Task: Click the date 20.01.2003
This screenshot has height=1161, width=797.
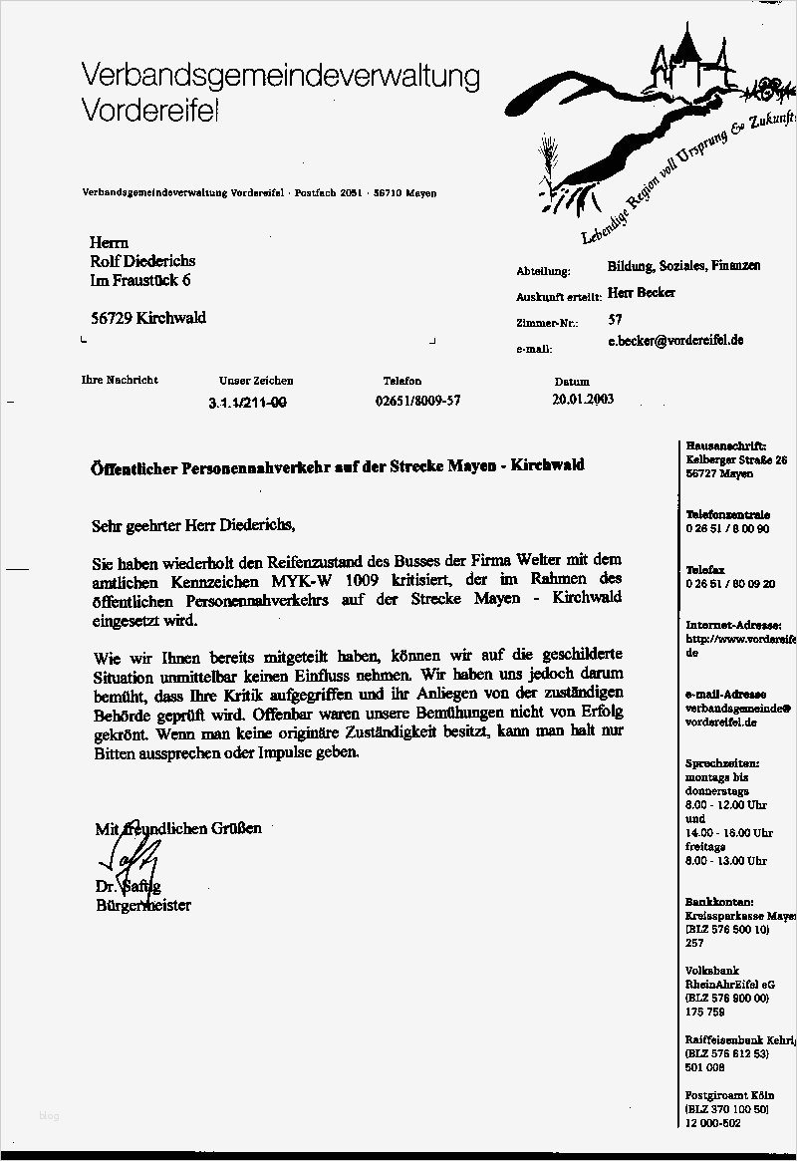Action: click(583, 400)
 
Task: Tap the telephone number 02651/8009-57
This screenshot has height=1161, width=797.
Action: click(417, 401)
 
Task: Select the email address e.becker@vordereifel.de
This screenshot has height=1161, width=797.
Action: click(675, 341)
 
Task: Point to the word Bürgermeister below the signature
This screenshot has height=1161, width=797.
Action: click(142, 905)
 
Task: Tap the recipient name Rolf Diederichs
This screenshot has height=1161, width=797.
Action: click(142, 261)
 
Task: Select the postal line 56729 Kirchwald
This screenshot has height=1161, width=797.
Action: click(148, 318)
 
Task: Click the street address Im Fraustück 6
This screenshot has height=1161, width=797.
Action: click(140, 282)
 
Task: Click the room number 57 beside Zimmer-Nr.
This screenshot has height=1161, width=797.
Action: click(615, 321)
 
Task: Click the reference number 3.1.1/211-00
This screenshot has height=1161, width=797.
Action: click(247, 402)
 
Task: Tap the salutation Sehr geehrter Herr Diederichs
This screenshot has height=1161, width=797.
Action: click(194, 524)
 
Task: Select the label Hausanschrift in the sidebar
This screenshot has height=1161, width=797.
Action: click(725, 445)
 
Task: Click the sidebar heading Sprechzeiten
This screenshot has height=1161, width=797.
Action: click(722, 761)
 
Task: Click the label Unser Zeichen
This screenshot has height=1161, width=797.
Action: click(256, 381)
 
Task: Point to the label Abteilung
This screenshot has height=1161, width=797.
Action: click(543, 271)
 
